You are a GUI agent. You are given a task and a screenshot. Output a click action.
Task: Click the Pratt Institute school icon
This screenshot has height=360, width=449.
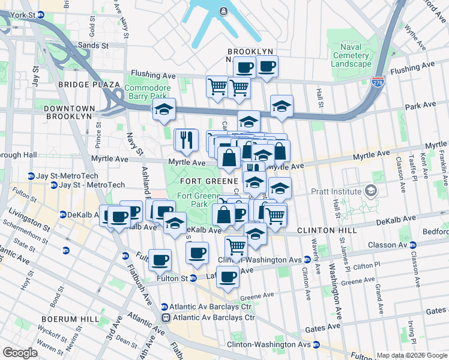(371, 191)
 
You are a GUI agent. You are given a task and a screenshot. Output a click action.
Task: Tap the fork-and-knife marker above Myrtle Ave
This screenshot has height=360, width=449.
(186, 140)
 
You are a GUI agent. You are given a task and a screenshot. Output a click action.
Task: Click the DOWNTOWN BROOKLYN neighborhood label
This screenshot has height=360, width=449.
(69, 109)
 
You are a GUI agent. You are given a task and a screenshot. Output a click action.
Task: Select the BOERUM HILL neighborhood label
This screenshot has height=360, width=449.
(66, 319)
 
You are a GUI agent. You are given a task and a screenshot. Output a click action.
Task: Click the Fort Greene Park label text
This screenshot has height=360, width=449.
(199, 200)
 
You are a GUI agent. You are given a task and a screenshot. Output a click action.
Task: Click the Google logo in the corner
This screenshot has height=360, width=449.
(20, 353)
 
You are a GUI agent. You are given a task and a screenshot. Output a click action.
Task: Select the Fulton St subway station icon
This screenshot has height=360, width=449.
(193, 278)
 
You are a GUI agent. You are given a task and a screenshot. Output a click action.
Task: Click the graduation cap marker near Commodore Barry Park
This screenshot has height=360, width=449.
(163, 109)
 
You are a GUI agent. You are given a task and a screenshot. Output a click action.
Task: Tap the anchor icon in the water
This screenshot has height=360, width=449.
(223, 10)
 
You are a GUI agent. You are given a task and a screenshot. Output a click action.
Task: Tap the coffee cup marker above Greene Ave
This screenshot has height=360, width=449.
(228, 277)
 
